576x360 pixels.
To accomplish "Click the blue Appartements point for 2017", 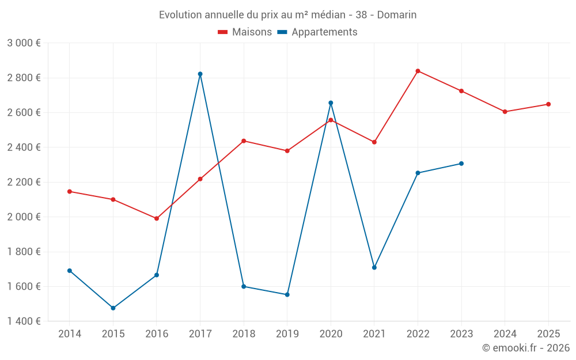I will click(x=200, y=74).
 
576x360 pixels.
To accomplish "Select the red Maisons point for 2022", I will click(x=418, y=71).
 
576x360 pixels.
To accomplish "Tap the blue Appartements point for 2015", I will click(x=113, y=308).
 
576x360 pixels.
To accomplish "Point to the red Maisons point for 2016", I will click(x=157, y=218).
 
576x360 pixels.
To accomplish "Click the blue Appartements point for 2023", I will click(x=461, y=164).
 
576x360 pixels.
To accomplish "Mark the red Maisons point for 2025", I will click(x=548, y=104).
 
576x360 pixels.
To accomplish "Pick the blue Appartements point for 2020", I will click(x=331, y=103).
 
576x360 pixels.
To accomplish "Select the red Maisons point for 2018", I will click(x=244, y=141).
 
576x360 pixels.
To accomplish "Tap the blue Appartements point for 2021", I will click(x=374, y=267).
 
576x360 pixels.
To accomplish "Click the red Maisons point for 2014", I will click(x=70, y=191).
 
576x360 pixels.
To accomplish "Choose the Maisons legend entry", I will click(x=245, y=32).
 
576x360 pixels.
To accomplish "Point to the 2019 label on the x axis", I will click(x=287, y=334).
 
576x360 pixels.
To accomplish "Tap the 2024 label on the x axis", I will click(x=505, y=334).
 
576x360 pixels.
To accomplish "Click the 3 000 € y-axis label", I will click(x=24, y=43).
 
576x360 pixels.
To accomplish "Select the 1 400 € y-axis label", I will click(x=24, y=321).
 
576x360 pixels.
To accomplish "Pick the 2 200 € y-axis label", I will click(x=24, y=182).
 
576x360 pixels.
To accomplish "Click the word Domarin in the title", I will click(x=397, y=14).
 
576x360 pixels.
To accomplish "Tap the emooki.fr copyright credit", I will click(x=525, y=348).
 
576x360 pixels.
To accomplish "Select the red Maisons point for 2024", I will click(x=505, y=112).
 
